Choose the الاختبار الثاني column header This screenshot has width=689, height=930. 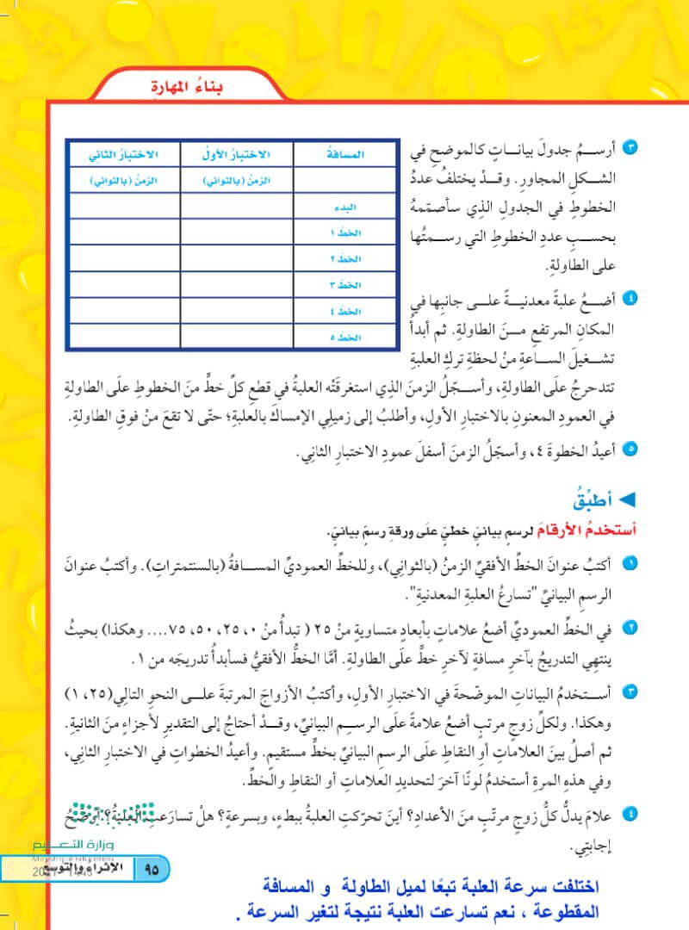[x=121, y=154]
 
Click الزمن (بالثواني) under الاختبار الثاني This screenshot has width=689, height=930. [x=121, y=181]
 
